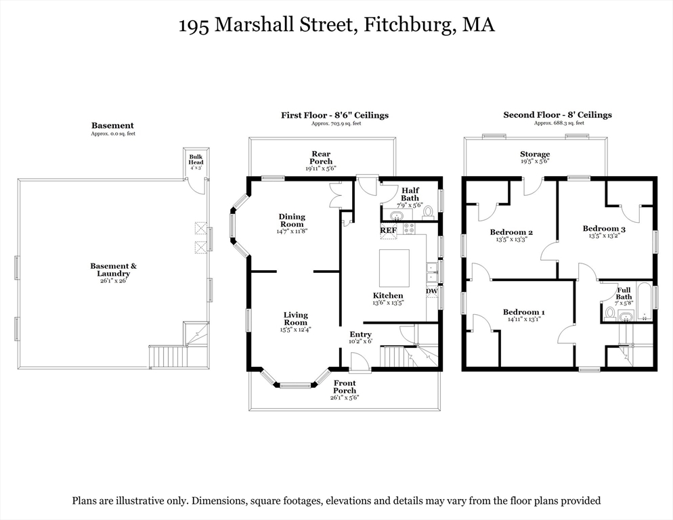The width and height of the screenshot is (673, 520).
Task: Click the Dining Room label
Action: (292, 220)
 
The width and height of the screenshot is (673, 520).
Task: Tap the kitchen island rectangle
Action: (394, 268)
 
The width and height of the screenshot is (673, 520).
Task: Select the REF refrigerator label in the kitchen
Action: (389, 230)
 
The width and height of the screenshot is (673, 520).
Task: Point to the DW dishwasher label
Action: (432, 291)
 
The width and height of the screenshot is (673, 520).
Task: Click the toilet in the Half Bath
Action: (428, 212)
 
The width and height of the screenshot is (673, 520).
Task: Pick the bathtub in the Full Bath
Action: (644, 301)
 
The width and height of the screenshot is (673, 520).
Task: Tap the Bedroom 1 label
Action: (524, 312)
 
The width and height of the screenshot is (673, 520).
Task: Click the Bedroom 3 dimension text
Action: (605, 236)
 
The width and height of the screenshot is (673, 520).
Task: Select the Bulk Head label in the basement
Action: (196, 159)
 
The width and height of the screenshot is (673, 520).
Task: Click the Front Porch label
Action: (345, 387)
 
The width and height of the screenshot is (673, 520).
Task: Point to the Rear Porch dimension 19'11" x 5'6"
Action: (321, 169)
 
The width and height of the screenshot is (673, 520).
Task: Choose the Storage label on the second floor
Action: (535, 154)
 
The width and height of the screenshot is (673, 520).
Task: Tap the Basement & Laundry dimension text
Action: (113, 281)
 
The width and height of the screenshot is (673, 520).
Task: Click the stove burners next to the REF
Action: (409, 228)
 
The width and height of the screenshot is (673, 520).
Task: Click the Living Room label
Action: (295, 319)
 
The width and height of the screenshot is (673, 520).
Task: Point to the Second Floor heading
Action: (557, 115)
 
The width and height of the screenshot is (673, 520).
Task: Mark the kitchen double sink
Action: (432, 273)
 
